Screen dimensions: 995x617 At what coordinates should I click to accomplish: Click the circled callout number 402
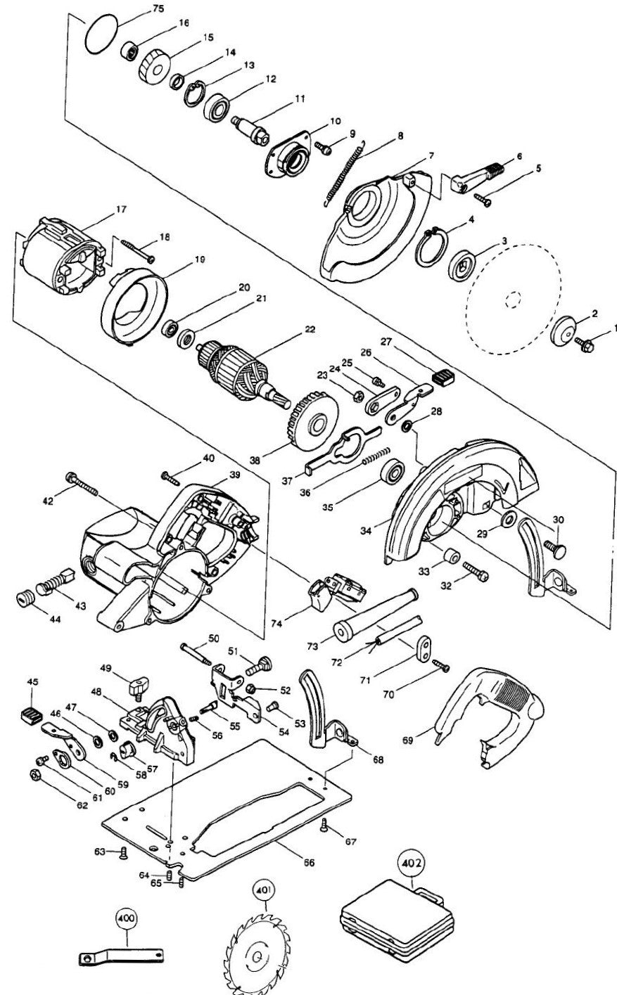pyautogui.click(x=410, y=861)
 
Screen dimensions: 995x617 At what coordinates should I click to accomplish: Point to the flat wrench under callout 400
pyautogui.click(x=123, y=957)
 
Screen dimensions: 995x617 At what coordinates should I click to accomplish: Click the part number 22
pyautogui.click(x=310, y=328)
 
